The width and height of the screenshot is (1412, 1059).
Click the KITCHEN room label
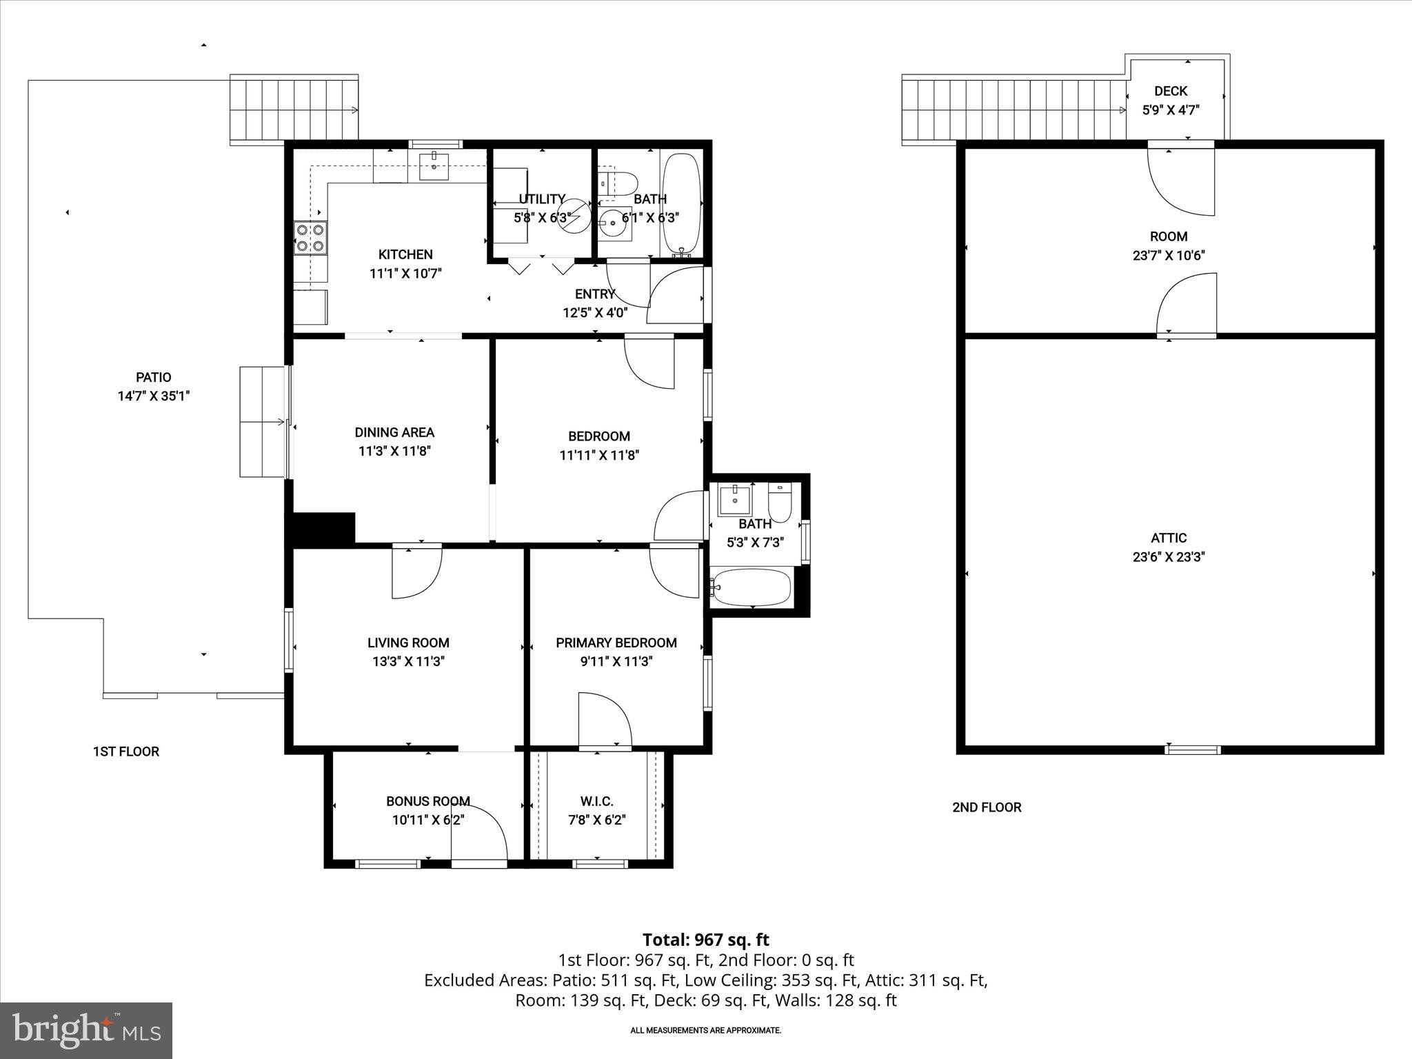405,254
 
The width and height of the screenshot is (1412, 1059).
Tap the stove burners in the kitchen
310,236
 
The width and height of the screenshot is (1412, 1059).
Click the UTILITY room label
542,199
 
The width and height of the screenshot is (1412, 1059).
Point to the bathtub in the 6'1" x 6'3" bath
681,205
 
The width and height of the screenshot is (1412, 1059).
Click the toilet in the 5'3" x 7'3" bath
780,504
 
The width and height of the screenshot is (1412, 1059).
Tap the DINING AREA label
394,432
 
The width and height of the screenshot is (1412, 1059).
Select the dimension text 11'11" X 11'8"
599,455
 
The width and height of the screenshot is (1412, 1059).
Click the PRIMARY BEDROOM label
616,643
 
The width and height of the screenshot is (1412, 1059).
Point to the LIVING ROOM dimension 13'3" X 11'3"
408,662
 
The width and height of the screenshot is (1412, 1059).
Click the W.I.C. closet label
596,801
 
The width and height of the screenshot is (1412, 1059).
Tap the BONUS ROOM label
427,801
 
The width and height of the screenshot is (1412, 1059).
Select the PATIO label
153,377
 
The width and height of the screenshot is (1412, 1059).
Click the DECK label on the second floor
1171,91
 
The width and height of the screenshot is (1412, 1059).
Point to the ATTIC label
1168,538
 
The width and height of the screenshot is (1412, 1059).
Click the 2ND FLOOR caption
987,807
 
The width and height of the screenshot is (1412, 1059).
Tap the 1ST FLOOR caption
125,752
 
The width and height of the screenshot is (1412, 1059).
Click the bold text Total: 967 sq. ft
705,940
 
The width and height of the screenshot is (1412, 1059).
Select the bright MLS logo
86,1030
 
